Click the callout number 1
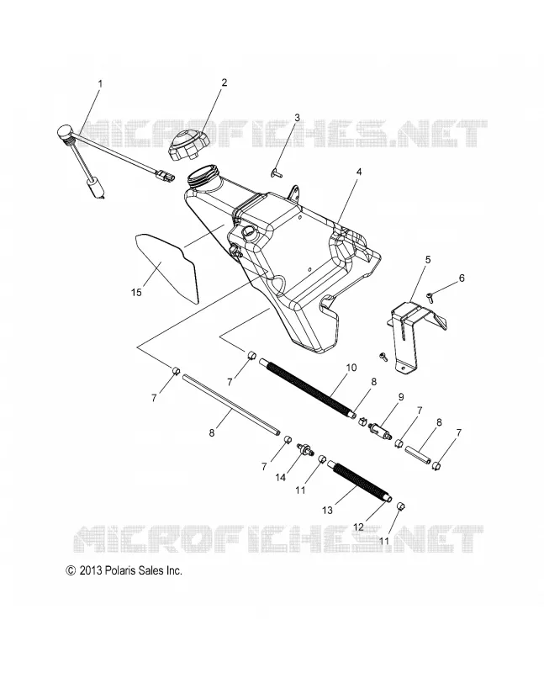click(x=100, y=83)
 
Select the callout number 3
click(x=297, y=118)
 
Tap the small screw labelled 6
click(x=430, y=295)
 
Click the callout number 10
click(x=351, y=368)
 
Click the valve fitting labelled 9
click(x=380, y=429)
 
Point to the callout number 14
click(x=280, y=477)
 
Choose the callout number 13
click(x=327, y=511)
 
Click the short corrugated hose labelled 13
click(x=360, y=480)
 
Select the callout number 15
click(x=136, y=292)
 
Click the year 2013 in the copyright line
click(x=90, y=570)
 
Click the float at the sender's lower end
click(x=95, y=188)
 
